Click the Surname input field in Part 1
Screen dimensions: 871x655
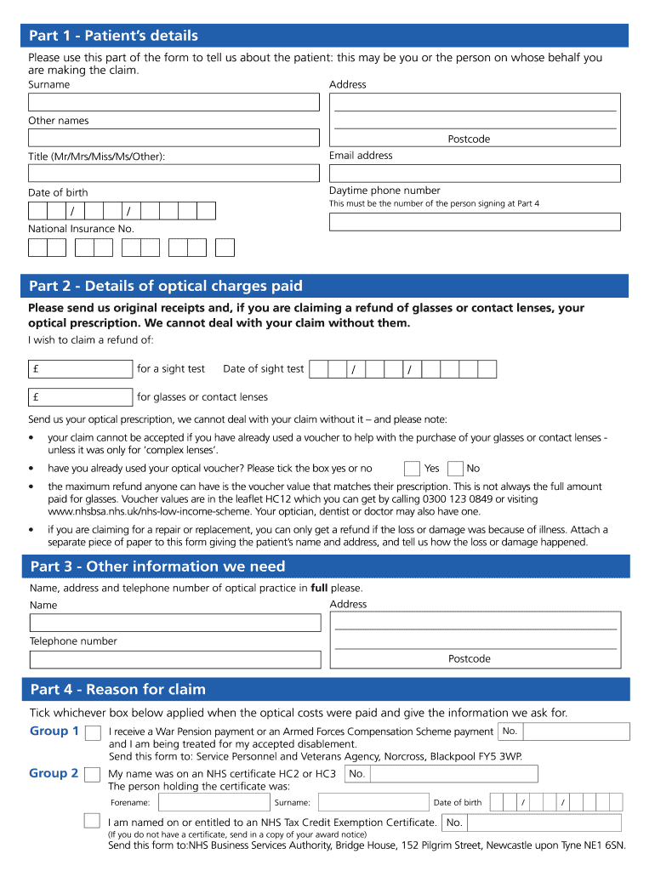pyautogui.click(x=174, y=102)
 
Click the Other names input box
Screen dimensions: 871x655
pyautogui.click(x=174, y=138)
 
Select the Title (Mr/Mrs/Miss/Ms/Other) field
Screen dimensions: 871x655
pyautogui.click(x=174, y=174)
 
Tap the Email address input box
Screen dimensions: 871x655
pyautogui.click(x=475, y=173)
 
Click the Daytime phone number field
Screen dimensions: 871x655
pyautogui.click(x=475, y=222)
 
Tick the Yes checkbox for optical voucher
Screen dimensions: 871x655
pyautogui.click(x=412, y=469)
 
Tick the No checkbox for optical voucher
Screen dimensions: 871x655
pyautogui.click(x=455, y=469)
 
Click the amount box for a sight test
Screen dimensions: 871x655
pyautogui.click(x=80, y=369)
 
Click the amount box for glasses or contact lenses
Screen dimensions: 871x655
pyautogui.click(x=80, y=397)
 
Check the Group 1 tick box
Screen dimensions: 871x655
pyautogui.click(x=92, y=732)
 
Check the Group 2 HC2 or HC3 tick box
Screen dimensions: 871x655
pyautogui.click(x=92, y=774)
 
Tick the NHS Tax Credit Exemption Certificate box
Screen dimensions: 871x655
pyautogui.click(x=92, y=821)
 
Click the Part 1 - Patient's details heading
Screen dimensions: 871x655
pyautogui.click(x=114, y=36)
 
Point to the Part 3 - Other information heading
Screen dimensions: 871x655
pyautogui.click(x=157, y=566)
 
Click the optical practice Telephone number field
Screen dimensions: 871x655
pyautogui.click(x=174, y=659)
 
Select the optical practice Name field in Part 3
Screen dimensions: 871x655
pyautogui.click(x=174, y=623)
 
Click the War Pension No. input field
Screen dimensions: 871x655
pyautogui.click(x=576, y=732)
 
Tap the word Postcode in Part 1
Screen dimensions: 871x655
pyautogui.click(x=469, y=139)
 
